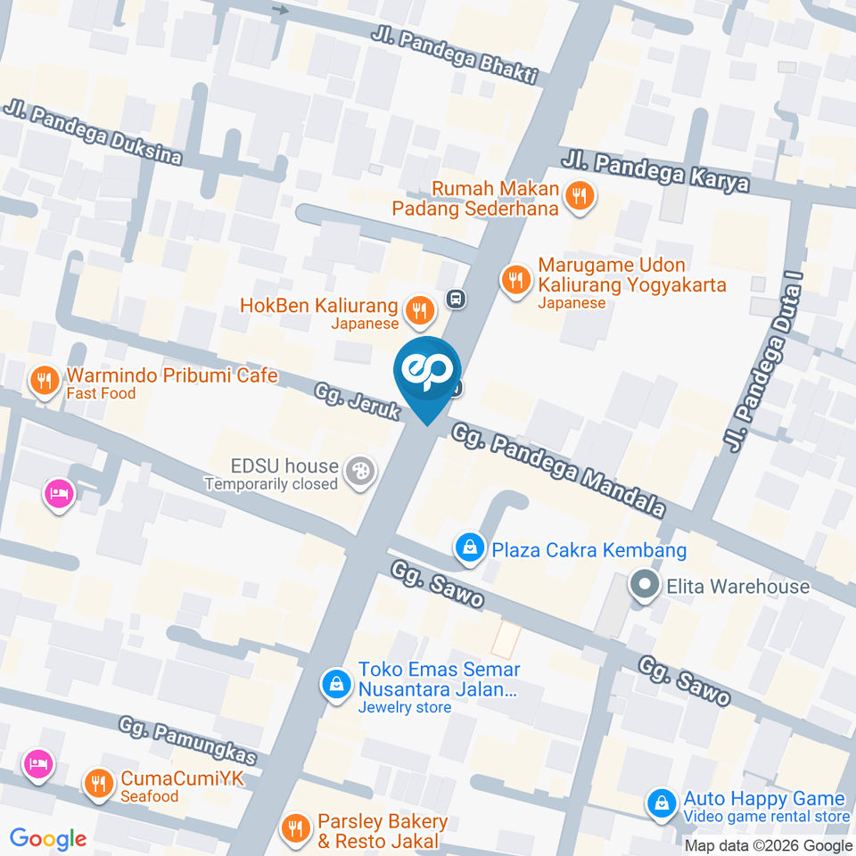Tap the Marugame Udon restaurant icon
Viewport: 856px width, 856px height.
pyautogui.click(x=515, y=279)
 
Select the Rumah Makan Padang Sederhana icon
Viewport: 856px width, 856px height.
pyautogui.click(x=580, y=196)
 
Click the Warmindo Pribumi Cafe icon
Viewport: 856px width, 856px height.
pyautogui.click(x=42, y=382)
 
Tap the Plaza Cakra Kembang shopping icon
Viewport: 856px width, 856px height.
pyautogui.click(x=468, y=547)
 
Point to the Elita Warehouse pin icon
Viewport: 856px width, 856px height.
pyautogui.click(x=642, y=586)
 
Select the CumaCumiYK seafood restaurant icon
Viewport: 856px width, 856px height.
pyautogui.click(x=97, y=784)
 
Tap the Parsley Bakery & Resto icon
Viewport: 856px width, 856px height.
pyautogui.click(x=295, y=829)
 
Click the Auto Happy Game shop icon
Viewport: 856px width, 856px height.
pyautogui.click(x=661, y=803)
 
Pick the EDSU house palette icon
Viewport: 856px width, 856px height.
pyautogui.click(x=360, y=471)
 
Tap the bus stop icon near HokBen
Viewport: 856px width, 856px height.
pyautogui.click(x=456, y=299)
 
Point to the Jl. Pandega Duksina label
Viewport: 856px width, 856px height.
pyautogui.click(x=93, y=134)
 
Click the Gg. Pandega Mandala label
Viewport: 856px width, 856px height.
pyautogui.click(x=559, y=471)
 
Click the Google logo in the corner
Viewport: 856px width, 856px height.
pyautogui.click(x=48, y=838)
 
